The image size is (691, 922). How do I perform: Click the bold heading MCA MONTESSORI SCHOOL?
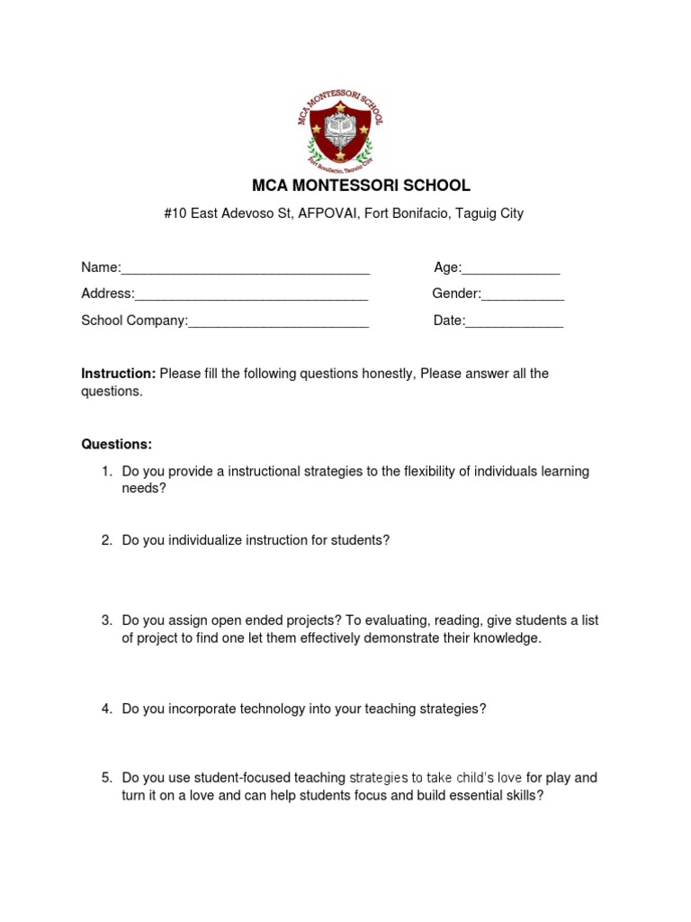pos(361,185)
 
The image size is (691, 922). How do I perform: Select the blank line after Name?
pos(246,268)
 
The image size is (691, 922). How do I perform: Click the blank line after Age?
pos(511,268)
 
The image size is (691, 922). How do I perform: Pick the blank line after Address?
pos(251,294)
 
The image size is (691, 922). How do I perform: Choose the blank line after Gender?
pos(523,294)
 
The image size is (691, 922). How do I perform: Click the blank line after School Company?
pos(279,321)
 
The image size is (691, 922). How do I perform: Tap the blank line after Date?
pos(514,321)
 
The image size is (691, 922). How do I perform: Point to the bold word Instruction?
pos(119,374)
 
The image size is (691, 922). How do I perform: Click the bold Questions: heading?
pos(117,445)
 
